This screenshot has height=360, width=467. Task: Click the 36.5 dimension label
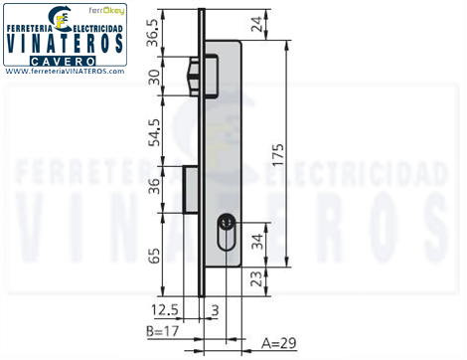click(x=153, y=34)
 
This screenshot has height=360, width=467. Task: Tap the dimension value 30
click(x=154, y=77)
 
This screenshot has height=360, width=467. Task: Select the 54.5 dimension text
click(x=154, y=132)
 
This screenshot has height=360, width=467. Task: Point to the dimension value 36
click(x=154, y=186)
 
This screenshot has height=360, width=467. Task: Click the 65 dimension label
click(x=154, y=256)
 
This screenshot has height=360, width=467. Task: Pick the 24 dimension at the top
click(x=256, y=24)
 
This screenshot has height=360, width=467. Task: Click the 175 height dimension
click(x=277, y=154)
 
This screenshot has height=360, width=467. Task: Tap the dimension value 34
click(x=257, y=242)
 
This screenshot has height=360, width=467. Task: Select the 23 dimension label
click(x=256, y=278)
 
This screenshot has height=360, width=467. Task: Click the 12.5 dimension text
click(x=164, y=310)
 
